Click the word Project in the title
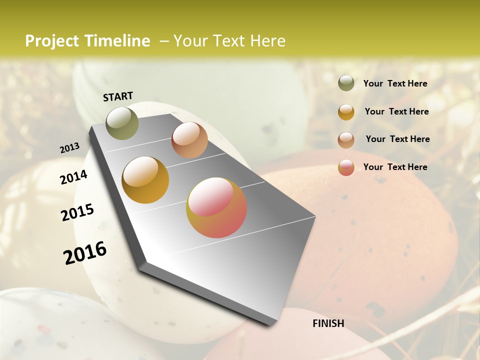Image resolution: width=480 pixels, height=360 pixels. coord(52,41)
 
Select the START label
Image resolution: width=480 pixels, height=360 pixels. coord(118,96)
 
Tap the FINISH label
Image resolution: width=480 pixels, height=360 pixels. coord(328,323)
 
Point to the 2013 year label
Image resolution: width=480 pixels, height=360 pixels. coord(69,148)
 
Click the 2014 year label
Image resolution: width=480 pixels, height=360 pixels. coord(73,177)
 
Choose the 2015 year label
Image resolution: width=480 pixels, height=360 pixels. coord(77,212)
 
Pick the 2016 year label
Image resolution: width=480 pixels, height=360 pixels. coord(85,253)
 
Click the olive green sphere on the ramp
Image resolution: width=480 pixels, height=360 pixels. coord(122,123)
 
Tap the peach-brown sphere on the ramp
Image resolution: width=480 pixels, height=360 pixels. coord(189,140)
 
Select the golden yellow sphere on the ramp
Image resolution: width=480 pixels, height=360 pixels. coord(145,180)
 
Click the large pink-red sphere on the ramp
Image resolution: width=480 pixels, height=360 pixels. coord(216,207)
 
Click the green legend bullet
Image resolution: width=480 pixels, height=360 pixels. coord(346,83)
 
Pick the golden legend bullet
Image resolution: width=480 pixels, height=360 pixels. coord(346,111)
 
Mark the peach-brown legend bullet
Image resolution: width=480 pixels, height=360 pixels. coord(346,139)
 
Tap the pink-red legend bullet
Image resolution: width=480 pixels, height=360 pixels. coord(346,167)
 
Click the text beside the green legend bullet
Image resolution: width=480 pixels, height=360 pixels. coord(395,83)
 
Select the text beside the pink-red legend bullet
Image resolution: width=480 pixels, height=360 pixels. coord(395,167)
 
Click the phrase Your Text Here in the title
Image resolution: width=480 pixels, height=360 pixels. coord(229,41)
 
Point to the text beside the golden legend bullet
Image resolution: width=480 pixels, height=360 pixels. coord(396,111)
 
